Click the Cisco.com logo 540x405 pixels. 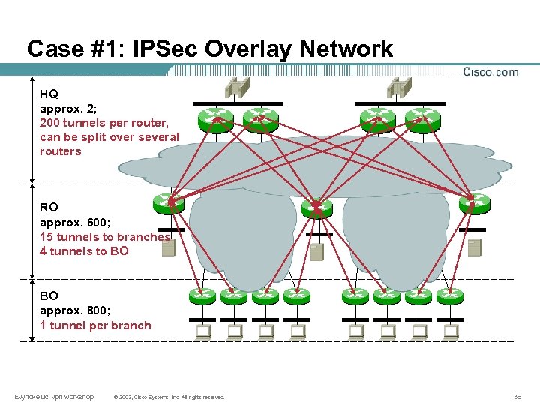[490, 72]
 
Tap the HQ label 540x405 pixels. [49, 94]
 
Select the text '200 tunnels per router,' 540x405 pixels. [104, 122]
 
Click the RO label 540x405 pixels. [49, 207]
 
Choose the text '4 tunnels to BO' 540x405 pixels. [84, 250]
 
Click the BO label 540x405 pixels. [49, 296]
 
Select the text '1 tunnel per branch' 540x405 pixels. [95, 325]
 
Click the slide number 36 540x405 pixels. [517, 396]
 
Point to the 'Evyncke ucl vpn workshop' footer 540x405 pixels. [54, 396]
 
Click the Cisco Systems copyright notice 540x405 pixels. [168, 397]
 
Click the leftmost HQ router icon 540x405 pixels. [215, 117]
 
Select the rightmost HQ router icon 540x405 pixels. [419, 117]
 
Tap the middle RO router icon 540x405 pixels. [316, 206]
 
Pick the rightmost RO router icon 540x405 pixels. [474, 202]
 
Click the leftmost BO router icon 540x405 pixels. [202, 296]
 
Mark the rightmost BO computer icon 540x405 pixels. [451, 331]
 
